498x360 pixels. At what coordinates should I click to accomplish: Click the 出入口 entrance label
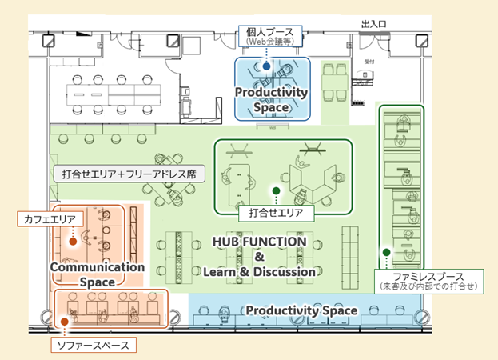(x=374, y=25)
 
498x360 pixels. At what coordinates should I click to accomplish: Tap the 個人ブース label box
(x=266, y=36)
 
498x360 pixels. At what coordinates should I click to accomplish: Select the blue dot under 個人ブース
(x=266, y=68)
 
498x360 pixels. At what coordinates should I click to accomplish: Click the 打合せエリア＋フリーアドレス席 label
(x=134, y=173)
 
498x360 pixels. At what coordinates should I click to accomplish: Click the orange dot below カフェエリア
(x=73, y=240)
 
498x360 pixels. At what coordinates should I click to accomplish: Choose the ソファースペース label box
(x=94, y=345)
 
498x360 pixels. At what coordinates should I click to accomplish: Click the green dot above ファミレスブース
(x=386, y=253)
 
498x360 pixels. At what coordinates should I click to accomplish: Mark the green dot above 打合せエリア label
(x=276, y=191)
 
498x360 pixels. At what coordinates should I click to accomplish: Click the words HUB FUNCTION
(x=259, y=241)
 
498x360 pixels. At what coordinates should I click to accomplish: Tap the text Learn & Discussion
(x=259, y=272)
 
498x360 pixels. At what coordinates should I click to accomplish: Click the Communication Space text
(x=97, y=274)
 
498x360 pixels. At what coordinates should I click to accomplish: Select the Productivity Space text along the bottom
(x=301, y=310)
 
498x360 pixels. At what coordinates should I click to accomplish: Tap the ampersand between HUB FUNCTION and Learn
(x=259, y=257)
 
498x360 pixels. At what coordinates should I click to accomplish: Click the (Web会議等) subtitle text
(x=266, y=42)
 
